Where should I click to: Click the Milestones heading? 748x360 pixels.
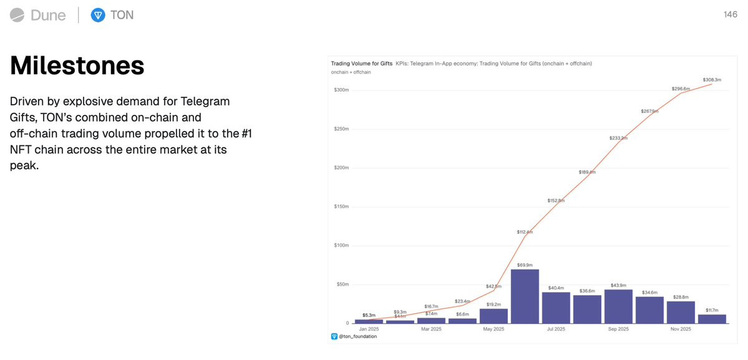tap(77, 66)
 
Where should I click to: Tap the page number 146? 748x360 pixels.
tap(731, 15)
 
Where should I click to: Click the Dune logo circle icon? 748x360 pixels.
tap(17, 15)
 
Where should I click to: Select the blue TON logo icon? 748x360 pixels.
tap(97, 15)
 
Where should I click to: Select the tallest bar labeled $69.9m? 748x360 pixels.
tap(525, 296)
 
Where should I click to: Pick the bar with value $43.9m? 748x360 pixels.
tap(618, 306)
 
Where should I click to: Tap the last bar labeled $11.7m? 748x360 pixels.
tap(712, 318)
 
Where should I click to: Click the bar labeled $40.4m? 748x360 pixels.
tap(556, 308)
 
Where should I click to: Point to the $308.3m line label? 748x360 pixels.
tap(712, 80)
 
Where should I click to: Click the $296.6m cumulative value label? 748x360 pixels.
tap(681, 89)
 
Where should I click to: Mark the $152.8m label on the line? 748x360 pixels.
tap(556, 200)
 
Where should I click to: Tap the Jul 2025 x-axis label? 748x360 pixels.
tap(556, 329)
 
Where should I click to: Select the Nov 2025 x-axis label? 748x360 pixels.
tap(681, 329)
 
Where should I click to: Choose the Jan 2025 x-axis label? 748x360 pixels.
tap(369, 329)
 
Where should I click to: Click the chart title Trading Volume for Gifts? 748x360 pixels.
tap(361, 64)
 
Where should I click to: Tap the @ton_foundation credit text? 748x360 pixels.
tap(357, 336)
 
